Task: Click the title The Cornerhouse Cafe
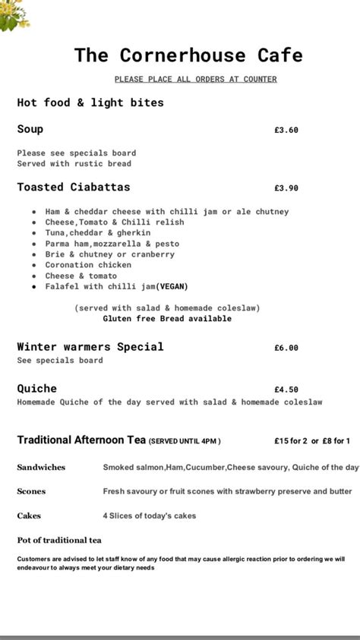188,55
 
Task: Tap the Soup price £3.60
286,130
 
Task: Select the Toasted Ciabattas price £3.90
286,188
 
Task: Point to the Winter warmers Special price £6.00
286,348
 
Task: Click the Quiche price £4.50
286,389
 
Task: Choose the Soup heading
30,129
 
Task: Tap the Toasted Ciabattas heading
73,187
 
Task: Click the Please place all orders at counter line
195,79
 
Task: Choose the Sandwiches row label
41,467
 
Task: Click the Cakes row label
29,515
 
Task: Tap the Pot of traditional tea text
59,540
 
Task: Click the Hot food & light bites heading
90,102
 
